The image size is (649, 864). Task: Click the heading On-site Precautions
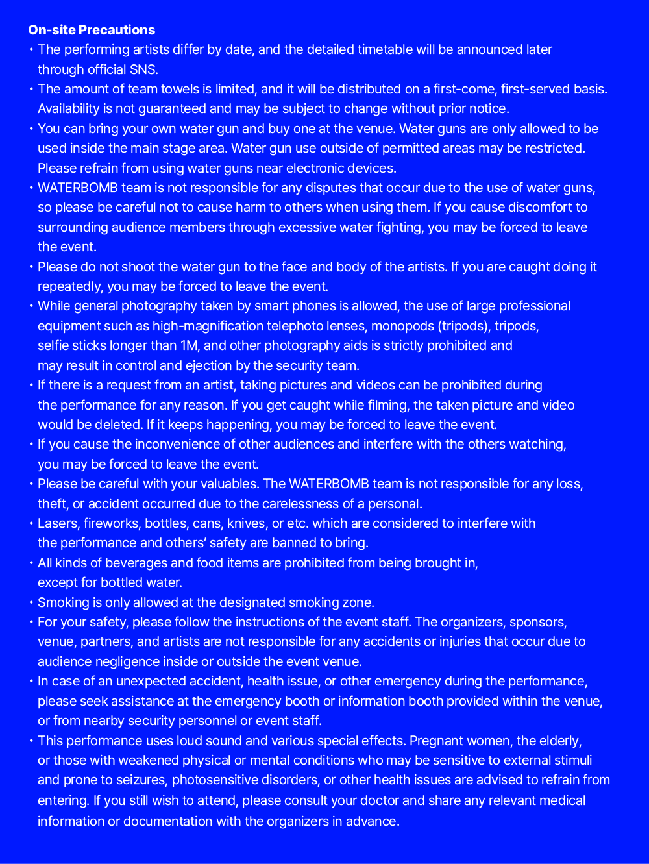[x=92, y=30]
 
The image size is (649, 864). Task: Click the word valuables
[x=228, y=484]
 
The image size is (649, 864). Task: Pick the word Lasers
[x=57, y=523]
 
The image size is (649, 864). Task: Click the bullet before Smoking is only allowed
[x=31, y=602]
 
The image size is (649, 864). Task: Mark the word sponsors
[x=537, y=622]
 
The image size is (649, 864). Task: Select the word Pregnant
[x=438, y=741]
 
